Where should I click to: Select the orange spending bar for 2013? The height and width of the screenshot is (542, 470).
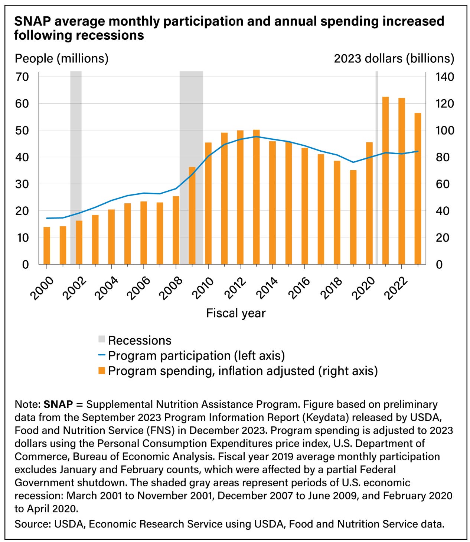(257, 197)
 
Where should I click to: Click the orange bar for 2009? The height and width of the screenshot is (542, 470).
(192, 216)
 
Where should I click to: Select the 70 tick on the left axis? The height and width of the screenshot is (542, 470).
(22, 77)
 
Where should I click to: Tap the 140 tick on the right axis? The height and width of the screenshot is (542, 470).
(445, 77)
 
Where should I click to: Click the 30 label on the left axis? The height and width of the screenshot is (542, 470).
(22, 184)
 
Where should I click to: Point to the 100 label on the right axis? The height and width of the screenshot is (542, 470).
(445, 130)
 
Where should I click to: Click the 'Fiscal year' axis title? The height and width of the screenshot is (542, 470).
(236, 313)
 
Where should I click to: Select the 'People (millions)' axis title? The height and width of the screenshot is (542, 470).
(62, 58)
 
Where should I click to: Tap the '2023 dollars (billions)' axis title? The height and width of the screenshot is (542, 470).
(394, 58)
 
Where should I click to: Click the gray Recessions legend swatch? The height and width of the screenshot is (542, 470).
(102, 339)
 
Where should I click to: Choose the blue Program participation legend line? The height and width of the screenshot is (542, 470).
(102, 355)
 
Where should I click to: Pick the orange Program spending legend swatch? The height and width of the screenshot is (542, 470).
(102, 371)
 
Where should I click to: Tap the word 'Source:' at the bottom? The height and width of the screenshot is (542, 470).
(33, 524)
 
